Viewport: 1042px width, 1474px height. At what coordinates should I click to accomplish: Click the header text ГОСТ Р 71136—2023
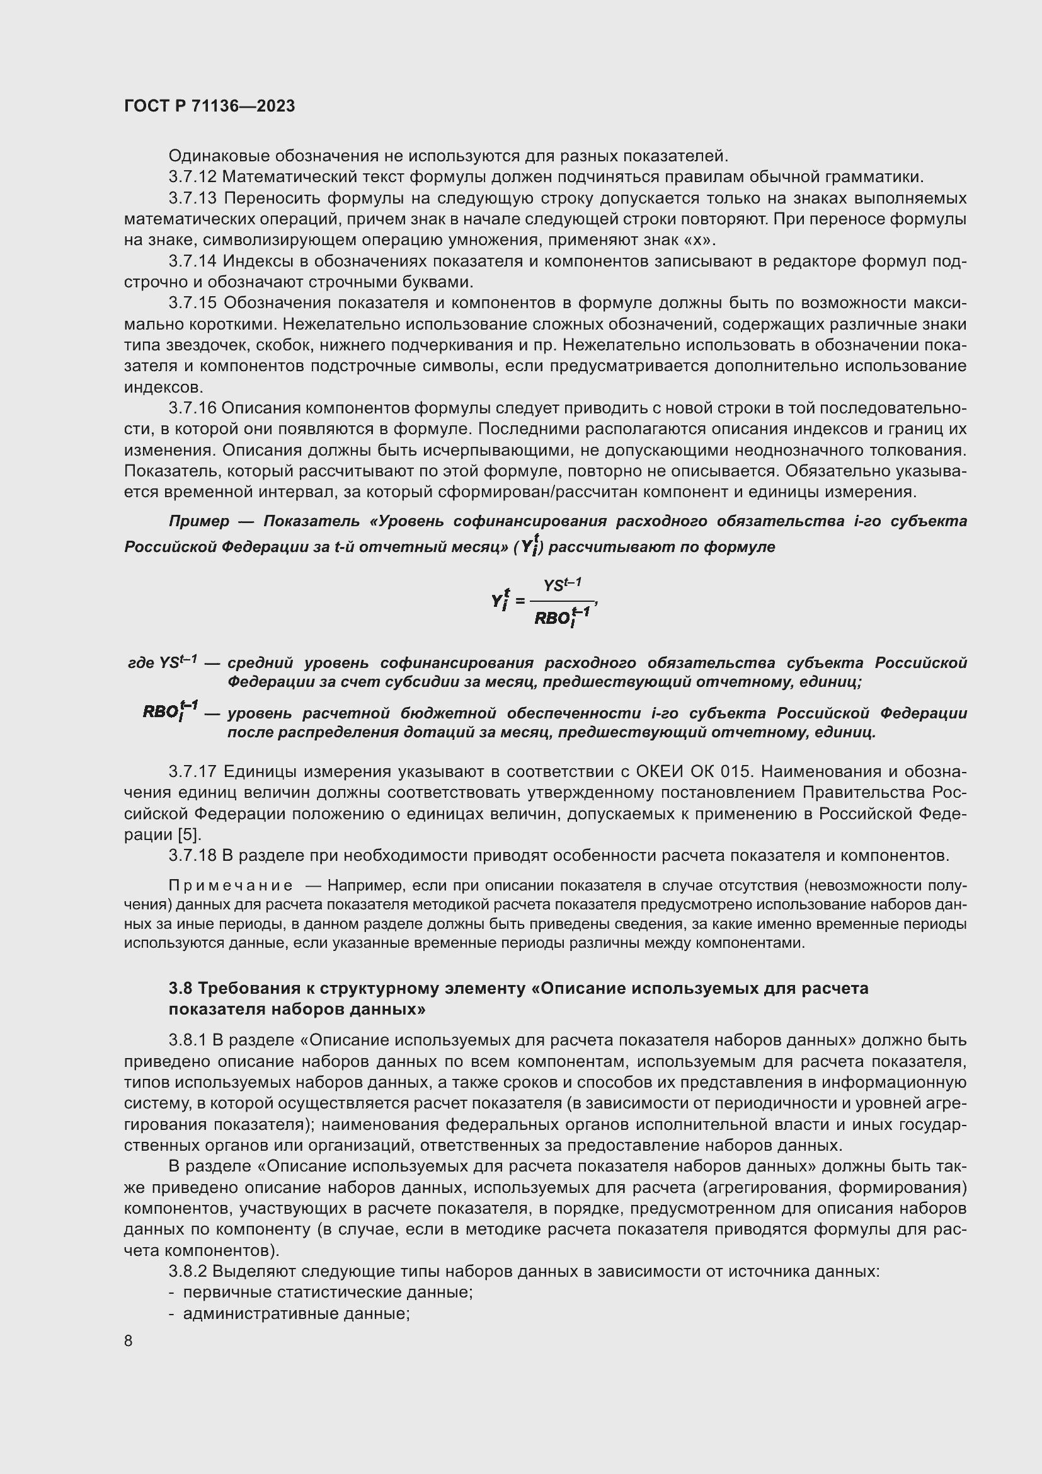point(209,106)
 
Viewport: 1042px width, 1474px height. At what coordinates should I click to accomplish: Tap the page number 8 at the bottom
point(129,1340)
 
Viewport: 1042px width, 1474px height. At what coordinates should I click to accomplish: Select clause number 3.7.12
point(193,177)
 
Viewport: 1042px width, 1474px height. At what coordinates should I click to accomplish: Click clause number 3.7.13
point(193,199)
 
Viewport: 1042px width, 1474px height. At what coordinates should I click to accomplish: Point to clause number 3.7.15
point(193,303)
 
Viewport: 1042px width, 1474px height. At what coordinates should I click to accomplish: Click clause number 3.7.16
point(193,408)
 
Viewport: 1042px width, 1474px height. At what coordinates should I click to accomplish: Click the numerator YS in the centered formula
point(554,586)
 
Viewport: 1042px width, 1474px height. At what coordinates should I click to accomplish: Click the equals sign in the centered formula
point(520,602)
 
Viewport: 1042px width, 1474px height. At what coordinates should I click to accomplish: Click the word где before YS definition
point(141,662)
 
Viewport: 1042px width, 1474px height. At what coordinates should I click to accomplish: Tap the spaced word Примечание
point(231,886)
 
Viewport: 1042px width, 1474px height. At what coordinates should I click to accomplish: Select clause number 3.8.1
point(187,1040)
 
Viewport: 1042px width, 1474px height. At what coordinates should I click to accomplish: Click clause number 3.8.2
point(188,1271)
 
